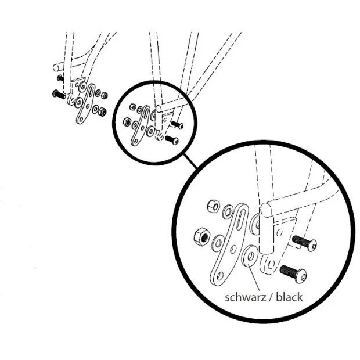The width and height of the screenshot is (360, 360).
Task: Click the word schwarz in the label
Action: point(245,297)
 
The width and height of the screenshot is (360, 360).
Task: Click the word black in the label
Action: point(289,297)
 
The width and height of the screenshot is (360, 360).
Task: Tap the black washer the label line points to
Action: point(250,256)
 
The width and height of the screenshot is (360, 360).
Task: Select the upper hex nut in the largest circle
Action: point(214,206)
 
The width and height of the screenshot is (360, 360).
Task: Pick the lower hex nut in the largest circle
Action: point(202,236)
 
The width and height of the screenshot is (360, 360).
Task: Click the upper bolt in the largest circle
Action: point(304,243)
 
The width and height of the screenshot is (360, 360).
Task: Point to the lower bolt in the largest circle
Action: point(293,273)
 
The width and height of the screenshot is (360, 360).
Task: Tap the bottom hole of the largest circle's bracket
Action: point(219,276)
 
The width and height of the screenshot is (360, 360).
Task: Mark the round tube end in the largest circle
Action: point(267,209)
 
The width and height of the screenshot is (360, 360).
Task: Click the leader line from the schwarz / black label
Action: point(254,278)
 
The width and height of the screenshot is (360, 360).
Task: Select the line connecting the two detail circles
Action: point(190,161)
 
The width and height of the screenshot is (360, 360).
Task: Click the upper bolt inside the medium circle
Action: point(177,125)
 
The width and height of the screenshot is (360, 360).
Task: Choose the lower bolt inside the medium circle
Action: point(172,140)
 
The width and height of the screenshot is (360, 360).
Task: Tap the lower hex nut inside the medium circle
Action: point(127,121)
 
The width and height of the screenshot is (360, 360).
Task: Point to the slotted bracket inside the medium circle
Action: point(140,125)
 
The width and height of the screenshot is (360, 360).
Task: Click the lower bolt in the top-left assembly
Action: point(59,94)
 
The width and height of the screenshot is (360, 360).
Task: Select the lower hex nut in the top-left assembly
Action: point(102,112)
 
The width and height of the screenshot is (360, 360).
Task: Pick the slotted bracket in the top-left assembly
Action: point(85,103)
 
